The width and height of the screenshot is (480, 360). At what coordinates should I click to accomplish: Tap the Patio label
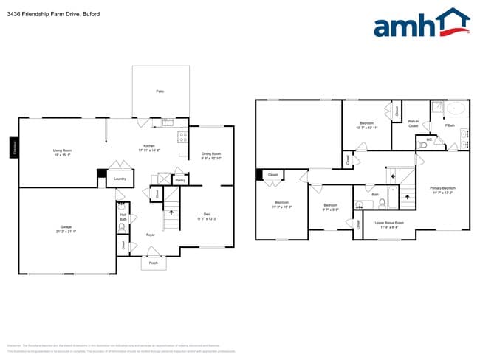pos(160,91)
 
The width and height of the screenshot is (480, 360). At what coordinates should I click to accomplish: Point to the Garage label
pos(66,229)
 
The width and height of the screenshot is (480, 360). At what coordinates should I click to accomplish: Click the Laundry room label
pos(118,179)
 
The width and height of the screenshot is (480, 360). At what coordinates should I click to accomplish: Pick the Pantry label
pos(180,179)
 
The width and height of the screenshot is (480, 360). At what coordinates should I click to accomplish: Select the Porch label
pos(154,263)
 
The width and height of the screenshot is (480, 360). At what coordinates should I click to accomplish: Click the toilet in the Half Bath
pos(122,228)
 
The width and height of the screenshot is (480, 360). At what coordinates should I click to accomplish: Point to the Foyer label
pos(150,235)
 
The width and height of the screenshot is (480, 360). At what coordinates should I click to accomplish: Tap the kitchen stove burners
pos(182,136)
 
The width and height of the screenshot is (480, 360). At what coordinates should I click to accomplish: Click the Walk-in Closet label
pos(414,124)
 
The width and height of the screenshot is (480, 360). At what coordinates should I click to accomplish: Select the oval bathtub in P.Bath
pos(456,109)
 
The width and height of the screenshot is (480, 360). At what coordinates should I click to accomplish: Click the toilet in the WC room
pos(424,145)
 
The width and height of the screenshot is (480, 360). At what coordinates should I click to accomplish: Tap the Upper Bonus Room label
pos(389,224)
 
